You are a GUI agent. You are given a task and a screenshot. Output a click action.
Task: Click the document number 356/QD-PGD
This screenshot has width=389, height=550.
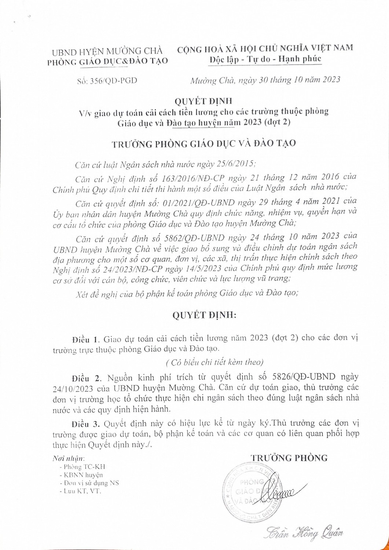point(113,80)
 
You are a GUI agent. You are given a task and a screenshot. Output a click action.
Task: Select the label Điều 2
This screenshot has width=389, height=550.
point(86,377)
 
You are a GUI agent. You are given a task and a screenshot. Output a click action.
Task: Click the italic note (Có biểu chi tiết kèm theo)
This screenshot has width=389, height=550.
point(214,362)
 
